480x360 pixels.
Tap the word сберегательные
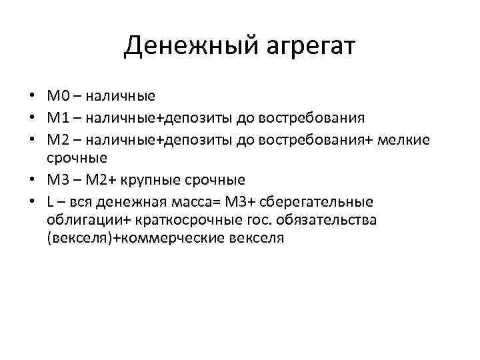[x=320, y=201]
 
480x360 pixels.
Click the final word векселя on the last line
[x=257, y=239]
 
